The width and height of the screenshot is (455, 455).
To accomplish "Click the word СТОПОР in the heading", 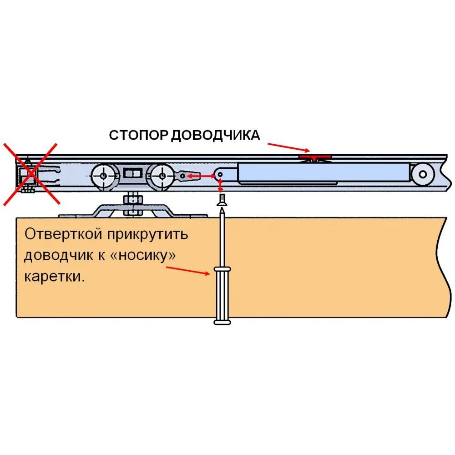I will point(138,136).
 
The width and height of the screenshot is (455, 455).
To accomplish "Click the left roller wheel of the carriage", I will point(103,175).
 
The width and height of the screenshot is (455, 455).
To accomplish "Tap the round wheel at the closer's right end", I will point(423,174).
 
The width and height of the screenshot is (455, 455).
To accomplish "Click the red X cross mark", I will point(30,173).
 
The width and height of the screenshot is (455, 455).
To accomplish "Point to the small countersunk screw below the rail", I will point(222,200).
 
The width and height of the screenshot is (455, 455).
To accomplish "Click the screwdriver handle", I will point(222,296).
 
